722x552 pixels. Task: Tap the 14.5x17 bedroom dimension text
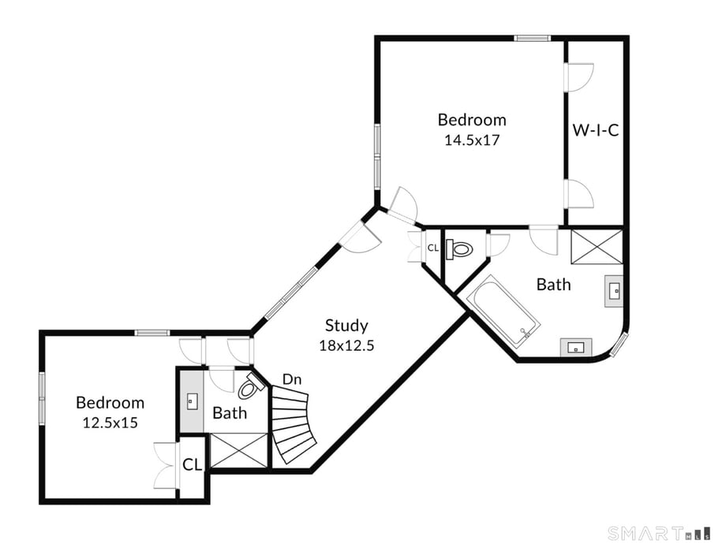point(472,140)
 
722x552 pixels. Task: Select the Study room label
point(346,325)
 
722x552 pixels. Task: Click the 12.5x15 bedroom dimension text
point(110,422)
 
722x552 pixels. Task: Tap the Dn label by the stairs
point(292,379)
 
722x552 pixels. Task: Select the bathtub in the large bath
point(503,311)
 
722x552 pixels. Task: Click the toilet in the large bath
point(460,250)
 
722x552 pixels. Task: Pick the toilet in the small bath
point(251,387)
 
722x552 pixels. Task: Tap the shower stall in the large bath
point(597,247)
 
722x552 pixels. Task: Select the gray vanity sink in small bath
point(190,401)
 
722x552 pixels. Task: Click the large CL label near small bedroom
point(193,464)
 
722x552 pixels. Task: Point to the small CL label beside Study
point(432,248)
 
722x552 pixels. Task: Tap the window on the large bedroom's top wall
point(533,38)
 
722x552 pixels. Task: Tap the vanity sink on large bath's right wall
point(614,290)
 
